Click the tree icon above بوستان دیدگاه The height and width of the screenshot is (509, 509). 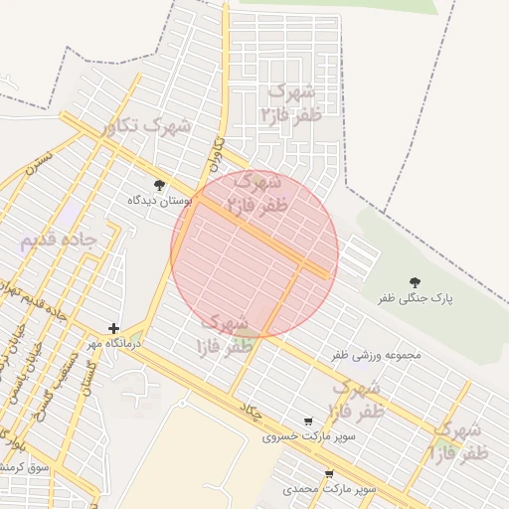[x=159, y=184]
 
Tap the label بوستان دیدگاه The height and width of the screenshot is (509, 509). [x=158, y=200]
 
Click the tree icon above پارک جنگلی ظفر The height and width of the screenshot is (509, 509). [x=415, y=282]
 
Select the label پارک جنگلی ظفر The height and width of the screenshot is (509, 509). [x=415, y=298]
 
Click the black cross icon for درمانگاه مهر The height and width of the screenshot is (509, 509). [x=114, y=328]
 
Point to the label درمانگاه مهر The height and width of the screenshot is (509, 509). [x=113, y=343]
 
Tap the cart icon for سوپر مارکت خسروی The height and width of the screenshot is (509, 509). [x=307, y=422]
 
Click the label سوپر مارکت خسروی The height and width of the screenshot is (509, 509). [x=308, y=436]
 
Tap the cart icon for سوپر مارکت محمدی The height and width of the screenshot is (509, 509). [x=329, y=474]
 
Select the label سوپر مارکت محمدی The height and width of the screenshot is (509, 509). [x=329, y=489]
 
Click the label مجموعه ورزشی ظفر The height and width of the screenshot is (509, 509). [x=377, y=355]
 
